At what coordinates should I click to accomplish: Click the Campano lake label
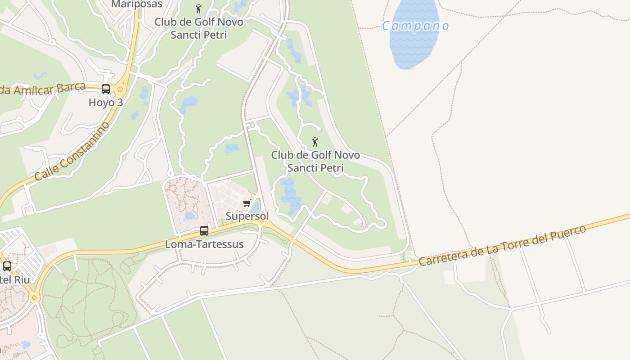[415, 26]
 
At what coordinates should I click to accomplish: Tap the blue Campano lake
[413, 45]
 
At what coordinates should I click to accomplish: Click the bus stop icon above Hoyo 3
[106, 89]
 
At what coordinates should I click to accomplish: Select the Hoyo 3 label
[106, 102]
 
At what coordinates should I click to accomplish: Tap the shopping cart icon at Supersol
[247, 203]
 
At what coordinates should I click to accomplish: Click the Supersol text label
[247, 216]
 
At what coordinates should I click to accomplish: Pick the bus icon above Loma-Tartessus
[204, 231]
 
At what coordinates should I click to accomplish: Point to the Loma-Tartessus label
[204, 244]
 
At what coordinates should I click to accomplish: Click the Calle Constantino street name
[72, 151]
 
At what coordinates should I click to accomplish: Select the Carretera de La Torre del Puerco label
[502, 245]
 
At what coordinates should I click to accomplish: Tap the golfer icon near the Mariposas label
[198, 9]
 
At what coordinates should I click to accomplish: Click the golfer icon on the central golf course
[315, 142]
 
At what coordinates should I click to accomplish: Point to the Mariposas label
[136, 4]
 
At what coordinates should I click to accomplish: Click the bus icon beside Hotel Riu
[7, 266]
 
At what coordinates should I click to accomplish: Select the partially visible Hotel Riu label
[15, 279]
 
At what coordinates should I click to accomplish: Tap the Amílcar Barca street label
[43, 89]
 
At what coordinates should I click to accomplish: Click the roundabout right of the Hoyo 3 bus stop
[120, 89]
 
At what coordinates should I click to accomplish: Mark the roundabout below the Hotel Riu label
[34, 297]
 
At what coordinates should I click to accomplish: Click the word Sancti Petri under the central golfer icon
[315, 168]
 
